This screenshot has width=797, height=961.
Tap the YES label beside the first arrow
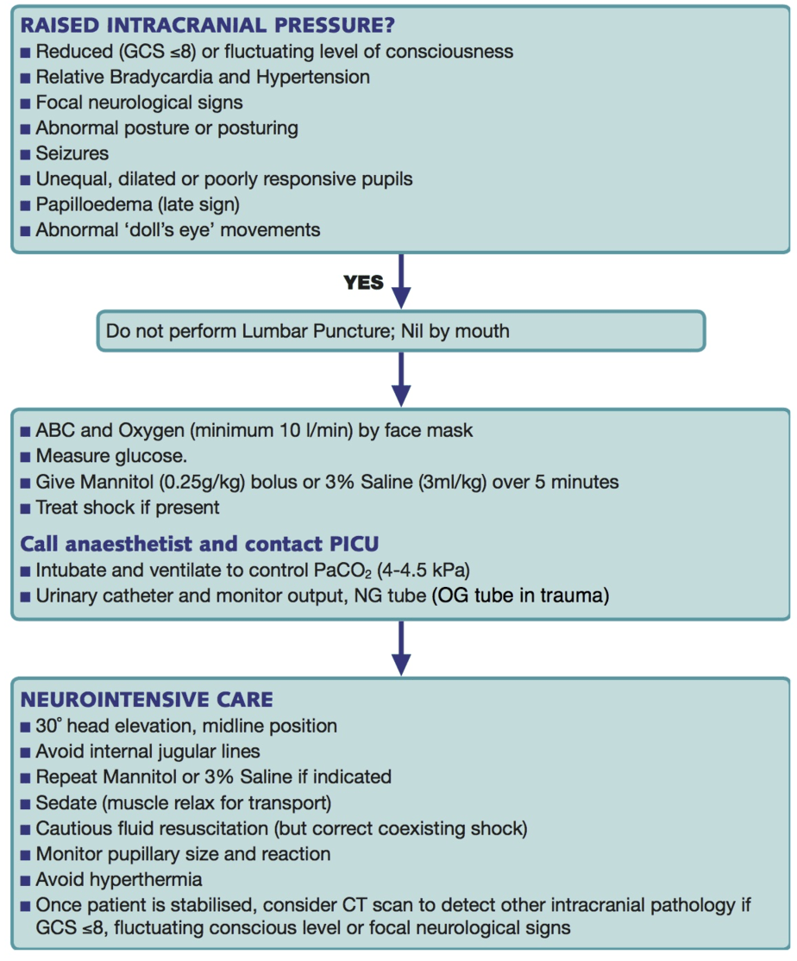click(x=362, y=283)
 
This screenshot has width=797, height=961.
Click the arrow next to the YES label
click(x=400, y=281)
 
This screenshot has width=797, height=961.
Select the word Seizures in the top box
click(x=72, y=153)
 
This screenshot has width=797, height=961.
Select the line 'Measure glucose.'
click(x=104, y=456)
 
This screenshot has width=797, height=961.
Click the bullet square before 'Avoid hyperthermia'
click(x=26, y=881)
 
